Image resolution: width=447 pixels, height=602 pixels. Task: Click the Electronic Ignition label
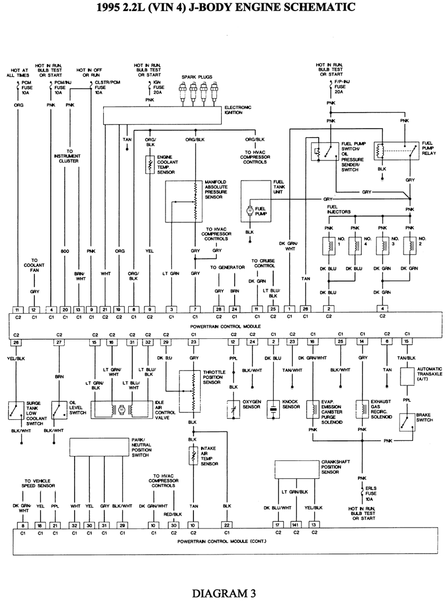pos(238,110)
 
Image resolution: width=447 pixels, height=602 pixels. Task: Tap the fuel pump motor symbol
pos(249,210)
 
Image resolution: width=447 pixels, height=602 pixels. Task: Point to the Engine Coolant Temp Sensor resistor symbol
pos(149,164)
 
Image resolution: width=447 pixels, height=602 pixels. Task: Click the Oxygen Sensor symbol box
pos(232,409)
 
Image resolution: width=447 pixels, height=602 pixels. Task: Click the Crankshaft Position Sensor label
pos(334,467)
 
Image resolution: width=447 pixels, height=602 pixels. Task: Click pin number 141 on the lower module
pos(297,525)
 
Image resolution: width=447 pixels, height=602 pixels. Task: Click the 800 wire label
pos(65,251)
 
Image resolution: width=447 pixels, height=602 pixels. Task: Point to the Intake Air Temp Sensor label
pos(209,456)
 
